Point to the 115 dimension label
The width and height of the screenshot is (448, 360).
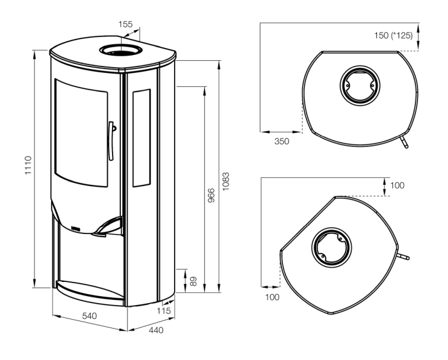164,311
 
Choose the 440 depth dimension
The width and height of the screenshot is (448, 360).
156,331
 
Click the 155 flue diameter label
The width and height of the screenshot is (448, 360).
126,24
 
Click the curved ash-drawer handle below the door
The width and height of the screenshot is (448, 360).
106,226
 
